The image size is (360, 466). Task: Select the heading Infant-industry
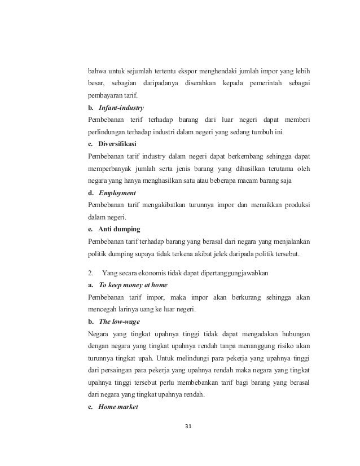pos(121,107)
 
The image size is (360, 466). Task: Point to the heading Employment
pos(117,192)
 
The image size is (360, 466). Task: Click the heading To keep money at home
pos(133,285)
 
